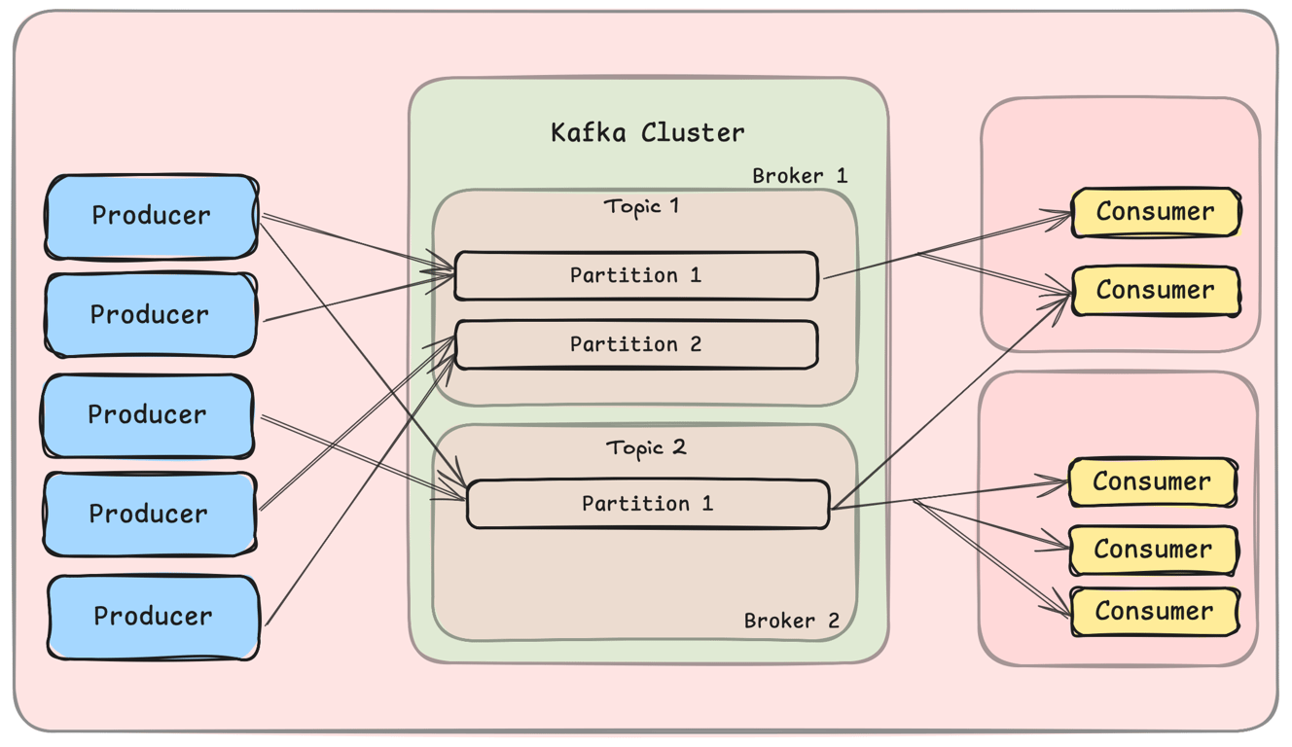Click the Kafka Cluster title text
coord(647,132)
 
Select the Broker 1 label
coord(800,176)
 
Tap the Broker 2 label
coord(791,621)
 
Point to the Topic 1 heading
coord(641,206)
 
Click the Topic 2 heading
coord(645,447)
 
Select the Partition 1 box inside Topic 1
coord(635,275)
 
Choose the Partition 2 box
coord(635,344)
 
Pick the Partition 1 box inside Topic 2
coord(647,504)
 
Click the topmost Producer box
coord(152,216)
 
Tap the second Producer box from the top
coord(150,315)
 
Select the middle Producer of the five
coord(148,415)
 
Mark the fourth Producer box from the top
coord(149,515)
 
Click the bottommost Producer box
coord(153,617)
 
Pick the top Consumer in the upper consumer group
coord(1155,212)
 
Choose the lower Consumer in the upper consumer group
coord(1155,290)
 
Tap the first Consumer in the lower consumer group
coord(1152,481)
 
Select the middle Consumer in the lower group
coord(1153,550)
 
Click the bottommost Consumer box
coord(1154,612)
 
